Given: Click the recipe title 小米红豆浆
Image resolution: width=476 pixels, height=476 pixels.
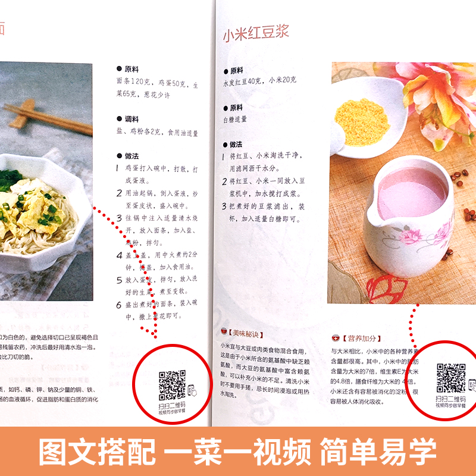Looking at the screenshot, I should pos(256,35).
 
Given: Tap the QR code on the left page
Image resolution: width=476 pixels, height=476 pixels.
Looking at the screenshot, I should pos(172,384).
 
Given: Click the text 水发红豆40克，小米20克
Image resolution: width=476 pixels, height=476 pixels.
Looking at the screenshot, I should pos(260,80).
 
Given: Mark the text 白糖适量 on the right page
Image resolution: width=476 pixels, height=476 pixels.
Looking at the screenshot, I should pos(235,119).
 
